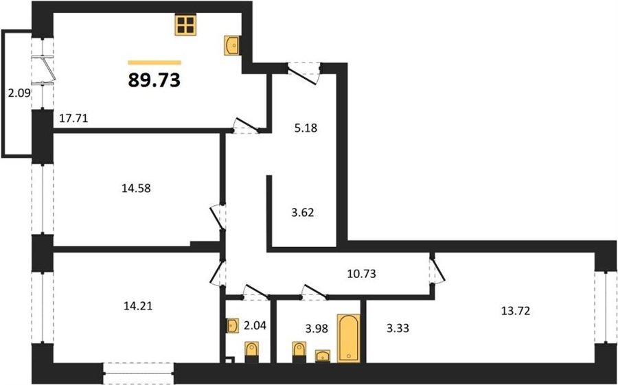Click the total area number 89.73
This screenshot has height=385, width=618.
154,80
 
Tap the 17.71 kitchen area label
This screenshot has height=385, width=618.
73,118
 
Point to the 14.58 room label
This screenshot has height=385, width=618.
137,188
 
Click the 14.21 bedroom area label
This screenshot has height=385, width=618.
137,305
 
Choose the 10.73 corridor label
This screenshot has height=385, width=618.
361,274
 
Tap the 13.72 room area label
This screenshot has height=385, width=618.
516,311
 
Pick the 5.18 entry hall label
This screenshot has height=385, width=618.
306,128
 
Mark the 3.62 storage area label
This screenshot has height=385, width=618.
303,213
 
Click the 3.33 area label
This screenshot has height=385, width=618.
398,327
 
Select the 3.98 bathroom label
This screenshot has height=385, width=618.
317,328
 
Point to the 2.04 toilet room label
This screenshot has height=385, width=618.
255,325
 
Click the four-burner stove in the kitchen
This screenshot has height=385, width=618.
185,25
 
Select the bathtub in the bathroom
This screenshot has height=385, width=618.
348,338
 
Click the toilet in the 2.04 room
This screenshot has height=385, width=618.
251,352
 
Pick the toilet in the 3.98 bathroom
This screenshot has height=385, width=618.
299,352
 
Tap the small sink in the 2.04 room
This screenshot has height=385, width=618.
233,326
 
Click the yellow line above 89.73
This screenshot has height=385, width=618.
154,62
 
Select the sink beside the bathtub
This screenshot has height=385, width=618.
323,356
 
